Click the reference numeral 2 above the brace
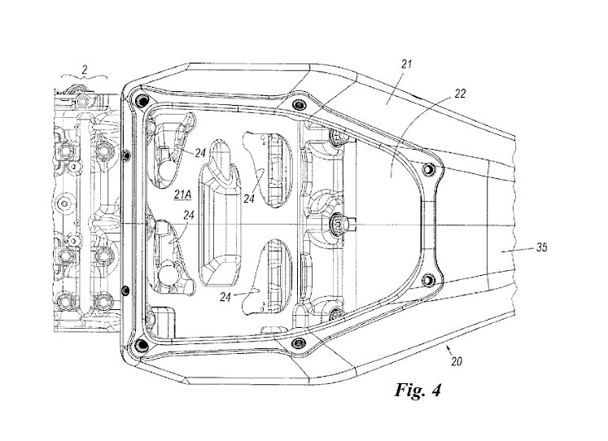pyautogui.click(x=85, y=69)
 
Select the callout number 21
pyautogui.click(x=406, y=64)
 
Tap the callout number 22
pyautogui.click(x=460, y=94)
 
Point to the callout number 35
pyautogui.click(x=541, y=247)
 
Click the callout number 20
pyautogui.click(x=457, y=361)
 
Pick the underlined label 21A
pyautogui.click(x=182, y=194)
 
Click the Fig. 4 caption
pyautogui.click(x=418, y=390)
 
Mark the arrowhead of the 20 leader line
pyautogui.click(x=448, y=348)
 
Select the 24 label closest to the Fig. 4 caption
pyautogui.click(x=225, y=297)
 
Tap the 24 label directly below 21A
pyautogui.click(x=189, y=215)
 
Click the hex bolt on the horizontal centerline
pyautogui.click(x=337, y=224)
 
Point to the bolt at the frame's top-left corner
pyautogui.click(x=140, y=100)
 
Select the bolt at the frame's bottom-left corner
pyautogui.click(x=140, y=343)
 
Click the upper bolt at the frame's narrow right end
pyautogui.click(x=429, y=169)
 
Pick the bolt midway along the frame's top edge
pyautogui.click(x=299, y=104)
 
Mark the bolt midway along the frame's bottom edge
pyautogui.click(x=299, y=343)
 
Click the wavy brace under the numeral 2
pyautogui.click(x=85, y=77)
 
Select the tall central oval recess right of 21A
pyautogui.click(x=220, y=213)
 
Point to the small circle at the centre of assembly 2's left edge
pyautogui.click(x=64, y=202)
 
